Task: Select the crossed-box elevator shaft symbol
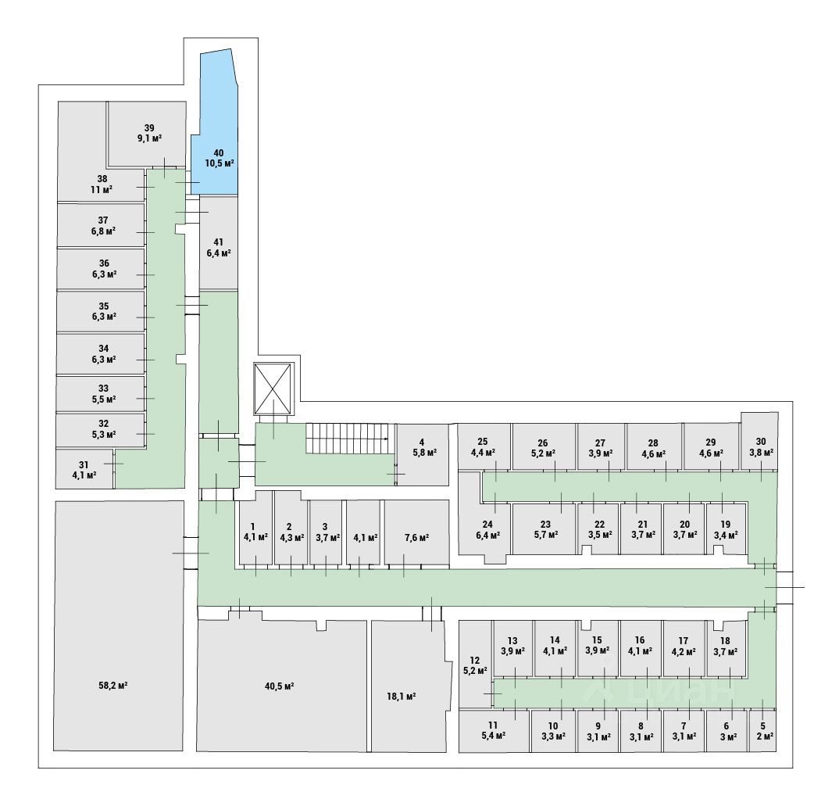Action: (x=273, y=389)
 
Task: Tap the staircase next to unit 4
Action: (x=348, y=438)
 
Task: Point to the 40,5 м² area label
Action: (x=279, y=686)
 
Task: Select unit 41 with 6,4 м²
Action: (x=219, y=247)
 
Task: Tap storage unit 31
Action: (x=84, y=469)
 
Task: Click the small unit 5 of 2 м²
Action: (x=766, y=731)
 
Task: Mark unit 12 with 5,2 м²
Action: (x=474, y=665)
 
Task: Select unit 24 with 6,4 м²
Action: (x=487, y=529)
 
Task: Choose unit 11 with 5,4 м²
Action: (x=492, y=731)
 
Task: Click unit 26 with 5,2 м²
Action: (x=543, y=447)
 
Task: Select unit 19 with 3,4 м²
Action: (x=725, y=529)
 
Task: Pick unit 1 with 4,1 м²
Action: (x=255, y=532)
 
